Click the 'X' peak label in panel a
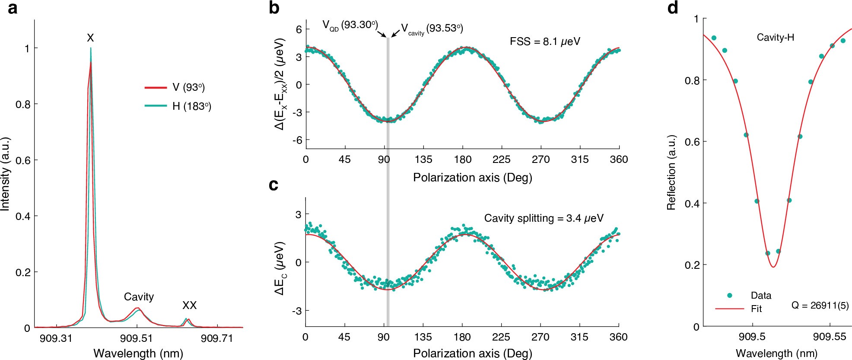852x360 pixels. (90, 38)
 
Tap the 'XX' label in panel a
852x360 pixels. (189, 306)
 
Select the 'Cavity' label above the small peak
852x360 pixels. (139, 297)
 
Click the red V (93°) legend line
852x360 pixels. (156, 88)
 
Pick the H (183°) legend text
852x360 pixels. (191, 106)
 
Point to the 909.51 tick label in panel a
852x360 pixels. (136, 338)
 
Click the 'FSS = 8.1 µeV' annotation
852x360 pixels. (545, 41)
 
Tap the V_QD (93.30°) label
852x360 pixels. (350, 25)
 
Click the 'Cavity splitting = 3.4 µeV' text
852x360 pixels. (544, 218)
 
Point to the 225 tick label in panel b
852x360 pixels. (501, 159)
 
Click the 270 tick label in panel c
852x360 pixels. (540, 337)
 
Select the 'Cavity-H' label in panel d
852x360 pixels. (775, 38)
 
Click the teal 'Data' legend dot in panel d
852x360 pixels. (730, 296)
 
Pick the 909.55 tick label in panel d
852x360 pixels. (830, 337)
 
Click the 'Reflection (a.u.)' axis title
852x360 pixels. (671, 173)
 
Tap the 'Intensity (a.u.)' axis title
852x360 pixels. (5, 174)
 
